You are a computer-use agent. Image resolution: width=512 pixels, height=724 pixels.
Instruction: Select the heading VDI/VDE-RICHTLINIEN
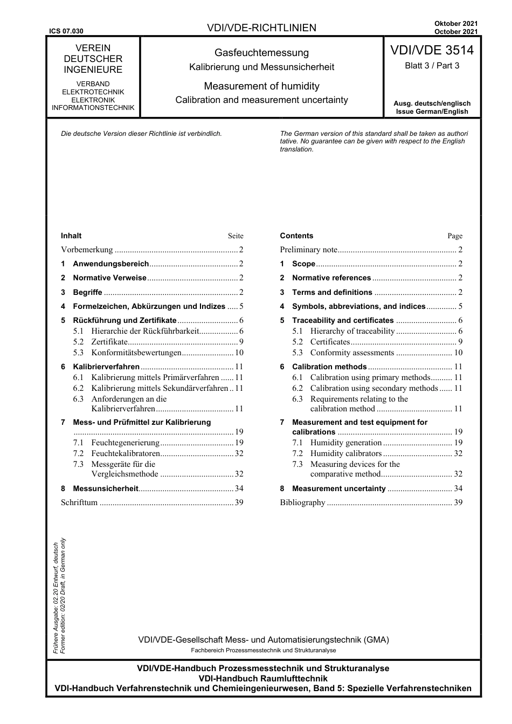pyautogui.click(x=261, y=28)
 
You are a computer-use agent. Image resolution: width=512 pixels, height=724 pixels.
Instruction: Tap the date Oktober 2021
pyautogui.click(x=456, y=23)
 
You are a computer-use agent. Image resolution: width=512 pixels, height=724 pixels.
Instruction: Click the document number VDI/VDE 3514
pyautogui.click(x=432, y=51)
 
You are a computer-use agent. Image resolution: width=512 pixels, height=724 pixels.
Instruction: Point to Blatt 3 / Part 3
pyautogui.click(x=432, y=66)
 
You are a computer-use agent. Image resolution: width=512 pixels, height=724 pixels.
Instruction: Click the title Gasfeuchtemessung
pyautogui.click(x=261, y=53)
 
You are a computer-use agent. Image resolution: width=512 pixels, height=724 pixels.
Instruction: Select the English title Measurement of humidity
pyautogui.click(x=261, y=86)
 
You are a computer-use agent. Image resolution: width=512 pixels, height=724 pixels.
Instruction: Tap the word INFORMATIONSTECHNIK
pyautogui.click(x=93, y=107)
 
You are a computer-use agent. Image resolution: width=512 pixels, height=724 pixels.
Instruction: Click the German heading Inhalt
pyautogui.click(x=71, y=236)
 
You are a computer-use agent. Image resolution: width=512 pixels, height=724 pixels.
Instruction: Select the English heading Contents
pyautogui.click(x=296, y=236)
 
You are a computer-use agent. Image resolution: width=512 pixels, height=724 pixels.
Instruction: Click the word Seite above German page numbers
pyautogui.click(x=236, y=236)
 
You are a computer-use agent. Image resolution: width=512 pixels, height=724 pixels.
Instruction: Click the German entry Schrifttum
pyautogui.click(x=79, y=502)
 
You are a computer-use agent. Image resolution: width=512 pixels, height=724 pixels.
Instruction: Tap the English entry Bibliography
pyautogui.click(x=302, y=502)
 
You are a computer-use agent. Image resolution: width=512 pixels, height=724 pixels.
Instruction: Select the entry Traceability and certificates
pyautogui.click(x=343, y=320)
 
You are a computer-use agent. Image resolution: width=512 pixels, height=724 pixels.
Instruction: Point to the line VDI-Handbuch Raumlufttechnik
pyautogui.click(x=263, y=678)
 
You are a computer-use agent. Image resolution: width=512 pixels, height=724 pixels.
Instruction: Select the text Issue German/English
pyautogui.click(x=432, y=112)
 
